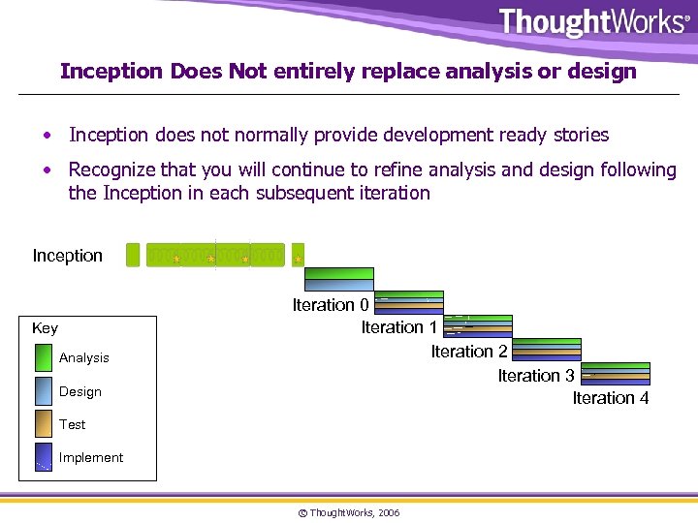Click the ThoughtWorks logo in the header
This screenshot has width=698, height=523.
[x=592, y=22]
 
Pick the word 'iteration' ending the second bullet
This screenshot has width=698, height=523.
[x=392, y=193]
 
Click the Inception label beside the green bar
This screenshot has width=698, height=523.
[x=67, y=256]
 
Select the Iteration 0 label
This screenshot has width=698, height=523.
[x=331, y=305]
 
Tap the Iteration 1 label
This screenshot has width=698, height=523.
[x=399, y=327]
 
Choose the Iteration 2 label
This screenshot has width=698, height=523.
[x=469, y=352]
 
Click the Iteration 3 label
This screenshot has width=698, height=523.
[x=536, y=376]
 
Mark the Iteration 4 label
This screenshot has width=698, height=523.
[x=611, y=398]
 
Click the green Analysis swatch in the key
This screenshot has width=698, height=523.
[x=44, y=358]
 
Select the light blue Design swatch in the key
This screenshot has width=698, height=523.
[x=44, y=391]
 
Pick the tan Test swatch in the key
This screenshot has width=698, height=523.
[x=44, y=424]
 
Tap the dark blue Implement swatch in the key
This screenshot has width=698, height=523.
[x=44, y=457]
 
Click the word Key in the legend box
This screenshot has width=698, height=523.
[x=45, y=328]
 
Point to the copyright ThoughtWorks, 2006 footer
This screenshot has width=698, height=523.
[x=348, y=512]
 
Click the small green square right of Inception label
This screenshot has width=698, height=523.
[x=133, y=255]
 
